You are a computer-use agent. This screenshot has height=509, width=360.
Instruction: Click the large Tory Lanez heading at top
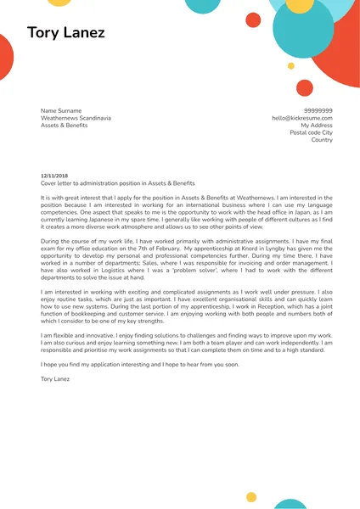coord(66,33)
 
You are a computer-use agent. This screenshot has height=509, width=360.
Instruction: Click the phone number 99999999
coord(318,111)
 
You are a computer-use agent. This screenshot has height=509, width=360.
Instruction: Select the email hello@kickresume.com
coord(302,119)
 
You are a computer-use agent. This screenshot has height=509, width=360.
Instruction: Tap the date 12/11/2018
coord(53,176)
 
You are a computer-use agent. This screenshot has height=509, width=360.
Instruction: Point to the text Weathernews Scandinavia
coord(76,119)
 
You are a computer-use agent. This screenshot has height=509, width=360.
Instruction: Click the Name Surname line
coord(61,111)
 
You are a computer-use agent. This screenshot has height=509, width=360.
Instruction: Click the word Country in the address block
coord(322,140)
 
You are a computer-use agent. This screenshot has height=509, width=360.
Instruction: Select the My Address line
coord(316,126)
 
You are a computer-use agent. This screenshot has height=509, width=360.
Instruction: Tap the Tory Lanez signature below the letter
coord(57,378)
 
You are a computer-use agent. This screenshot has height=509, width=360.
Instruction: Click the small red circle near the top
coord(253,20)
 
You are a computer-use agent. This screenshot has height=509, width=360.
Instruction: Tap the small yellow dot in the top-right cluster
coord(291,65)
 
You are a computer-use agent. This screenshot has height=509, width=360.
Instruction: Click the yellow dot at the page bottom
coord(251,497)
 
